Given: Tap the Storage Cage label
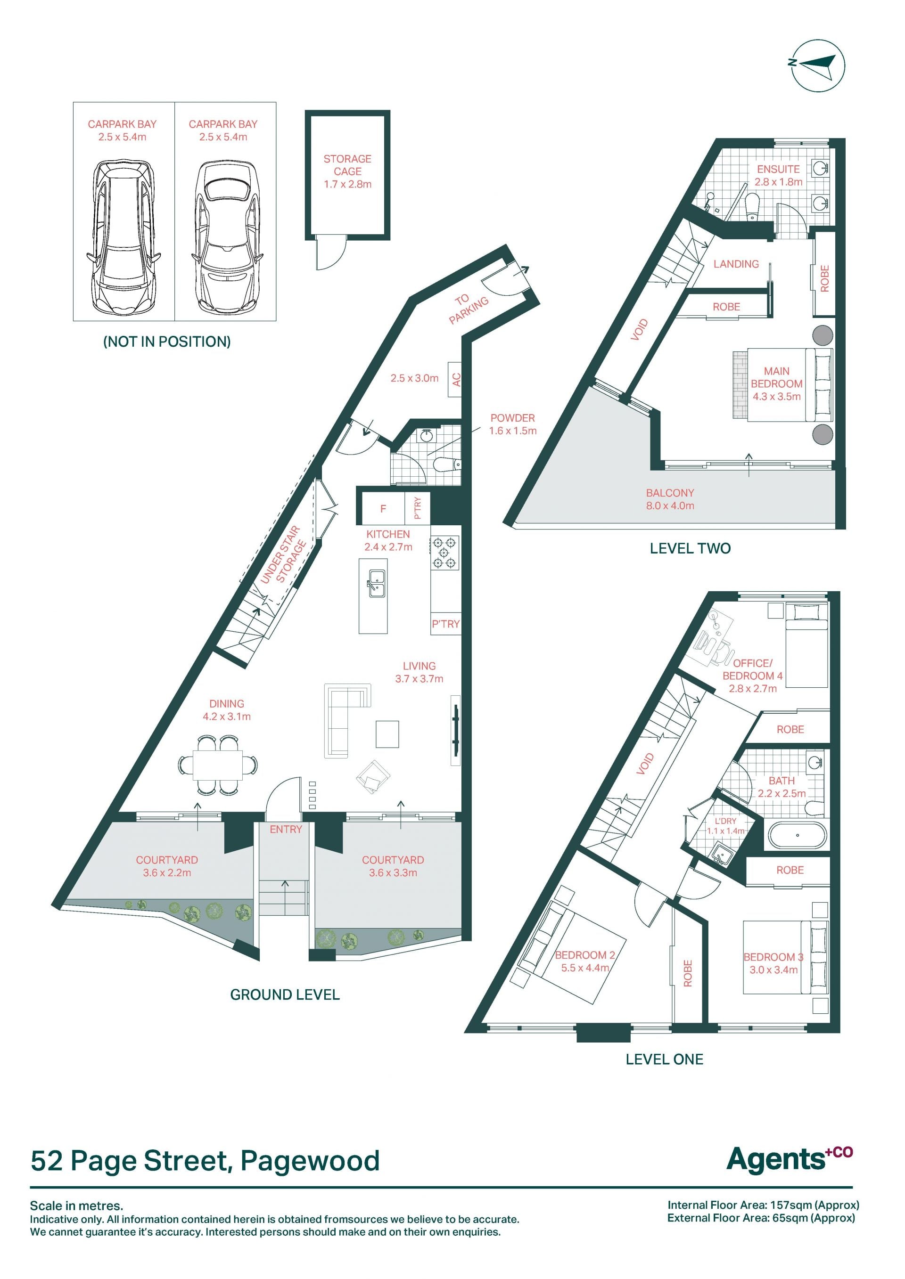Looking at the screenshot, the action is (348, 171).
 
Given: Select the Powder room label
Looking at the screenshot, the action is (513, 424).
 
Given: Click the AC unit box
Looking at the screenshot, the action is (455, 379).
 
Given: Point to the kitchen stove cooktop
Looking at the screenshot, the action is (444, 553).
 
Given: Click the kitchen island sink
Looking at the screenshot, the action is (376, 583).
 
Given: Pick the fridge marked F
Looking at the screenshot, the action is (383, 508).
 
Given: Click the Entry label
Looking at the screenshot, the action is (286, 830).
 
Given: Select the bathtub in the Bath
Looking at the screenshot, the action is (798, 836).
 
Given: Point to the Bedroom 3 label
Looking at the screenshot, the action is (773, 963).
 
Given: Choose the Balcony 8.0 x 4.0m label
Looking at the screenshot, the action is (670, 499).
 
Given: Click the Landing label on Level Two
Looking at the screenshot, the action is (736, 264).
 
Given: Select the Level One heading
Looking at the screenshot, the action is (664, 1059).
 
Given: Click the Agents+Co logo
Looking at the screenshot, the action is (790, 1159).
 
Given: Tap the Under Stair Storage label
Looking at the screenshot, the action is (284, 555).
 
